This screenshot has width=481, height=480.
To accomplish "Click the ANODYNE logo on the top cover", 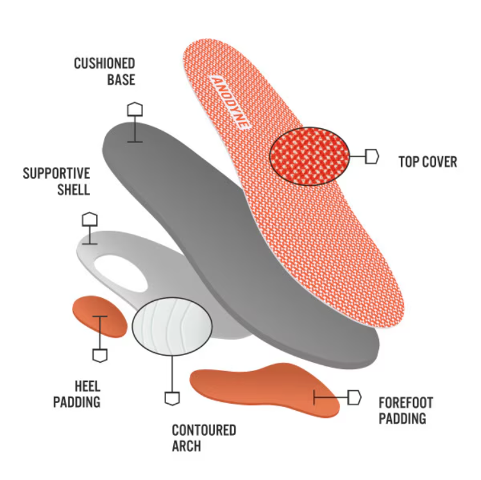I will click(x=229, y=102).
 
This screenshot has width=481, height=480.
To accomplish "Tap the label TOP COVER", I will click(x=428, y=161).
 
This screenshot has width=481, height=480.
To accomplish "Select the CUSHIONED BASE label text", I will click(x=105, y=71).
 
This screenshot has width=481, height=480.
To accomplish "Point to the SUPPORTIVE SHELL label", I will click(x=56, y=181).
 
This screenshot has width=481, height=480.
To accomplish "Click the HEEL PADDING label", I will click(x=77, y=394).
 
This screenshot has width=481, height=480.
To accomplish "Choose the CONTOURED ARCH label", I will click(x=204, y=438).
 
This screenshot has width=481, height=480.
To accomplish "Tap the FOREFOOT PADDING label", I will click(x=405, y=411).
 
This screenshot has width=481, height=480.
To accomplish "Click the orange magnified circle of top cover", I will click(x=310, y=156).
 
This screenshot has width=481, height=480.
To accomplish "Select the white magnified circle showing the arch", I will click(x=172, y=326).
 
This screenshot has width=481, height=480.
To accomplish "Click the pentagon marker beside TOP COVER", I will click(x=372, y=156).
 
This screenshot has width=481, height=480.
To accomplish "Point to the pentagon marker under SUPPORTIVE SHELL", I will click(x=90, y=219).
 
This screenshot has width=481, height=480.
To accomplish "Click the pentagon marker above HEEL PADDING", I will click(x=99, y=354).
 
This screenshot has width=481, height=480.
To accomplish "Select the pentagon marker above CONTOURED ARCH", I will click(x=172, y=398).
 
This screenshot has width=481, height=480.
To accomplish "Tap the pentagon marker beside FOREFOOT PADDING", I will click(x=355, y=397).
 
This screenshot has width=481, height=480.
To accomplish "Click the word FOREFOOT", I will click(x=405, y=403).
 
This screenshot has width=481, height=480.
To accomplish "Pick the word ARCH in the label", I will click(x=186, y=446).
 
